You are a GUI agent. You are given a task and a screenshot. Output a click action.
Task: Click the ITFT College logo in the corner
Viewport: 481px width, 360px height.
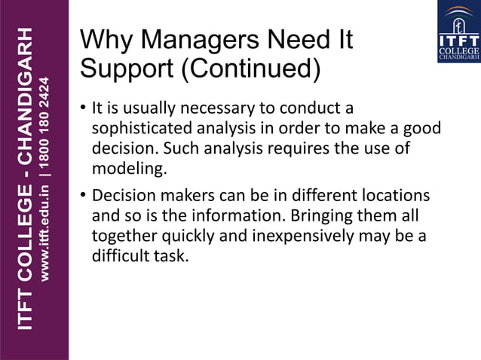click(x=458, y=32)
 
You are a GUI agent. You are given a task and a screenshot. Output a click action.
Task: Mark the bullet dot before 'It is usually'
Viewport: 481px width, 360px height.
click(x=83, y=108)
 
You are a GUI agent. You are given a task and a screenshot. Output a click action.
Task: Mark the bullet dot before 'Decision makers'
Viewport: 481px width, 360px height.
click(x=83, y=197)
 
